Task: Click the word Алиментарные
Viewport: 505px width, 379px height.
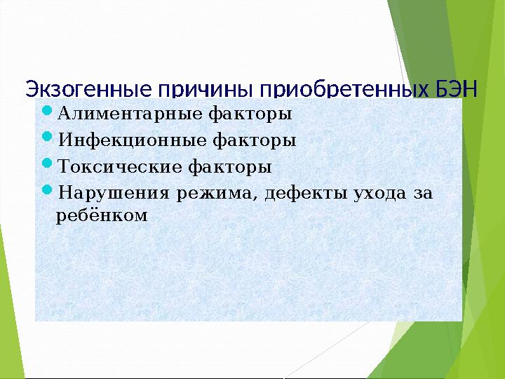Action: tap(130, 113)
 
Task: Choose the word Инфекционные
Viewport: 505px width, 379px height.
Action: tap(131, 140)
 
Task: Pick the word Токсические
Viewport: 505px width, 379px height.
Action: tap(119, 168)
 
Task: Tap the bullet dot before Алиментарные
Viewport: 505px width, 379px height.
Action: tap(47, 111)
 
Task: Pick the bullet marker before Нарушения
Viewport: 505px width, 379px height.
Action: tap(47, 192)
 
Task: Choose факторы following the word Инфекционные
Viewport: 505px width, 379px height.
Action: tap(253, 140)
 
